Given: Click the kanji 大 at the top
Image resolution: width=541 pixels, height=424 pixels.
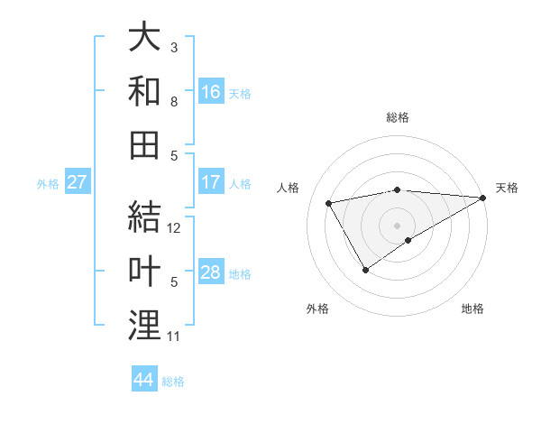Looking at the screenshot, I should [x=144, y=39].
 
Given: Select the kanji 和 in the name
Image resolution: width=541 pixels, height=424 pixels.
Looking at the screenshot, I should [x=144, y=90].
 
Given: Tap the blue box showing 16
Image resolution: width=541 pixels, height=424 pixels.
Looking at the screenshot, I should [x=211, y=92].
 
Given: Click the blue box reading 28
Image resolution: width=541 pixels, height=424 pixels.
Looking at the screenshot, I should [x=211, y=273].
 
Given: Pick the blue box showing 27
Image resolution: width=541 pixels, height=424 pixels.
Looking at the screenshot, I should [x=78, y=183].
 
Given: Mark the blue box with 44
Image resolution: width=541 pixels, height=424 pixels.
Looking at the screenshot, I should [x=144, y=381].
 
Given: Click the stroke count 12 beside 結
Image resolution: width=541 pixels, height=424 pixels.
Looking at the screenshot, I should [x=175, y=228].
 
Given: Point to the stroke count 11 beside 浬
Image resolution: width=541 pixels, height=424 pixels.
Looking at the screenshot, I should [x=174, y=336].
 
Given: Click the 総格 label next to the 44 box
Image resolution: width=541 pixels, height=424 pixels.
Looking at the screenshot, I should [x=173, y=382].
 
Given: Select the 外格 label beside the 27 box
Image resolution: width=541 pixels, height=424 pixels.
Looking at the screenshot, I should [x=48, y=184].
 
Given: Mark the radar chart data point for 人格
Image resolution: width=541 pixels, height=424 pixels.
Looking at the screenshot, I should [x=329, y=203].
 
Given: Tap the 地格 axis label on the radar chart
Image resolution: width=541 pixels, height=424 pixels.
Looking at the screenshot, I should [x=472, y=309].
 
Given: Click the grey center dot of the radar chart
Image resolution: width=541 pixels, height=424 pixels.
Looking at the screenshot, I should [x=397, y=224].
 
